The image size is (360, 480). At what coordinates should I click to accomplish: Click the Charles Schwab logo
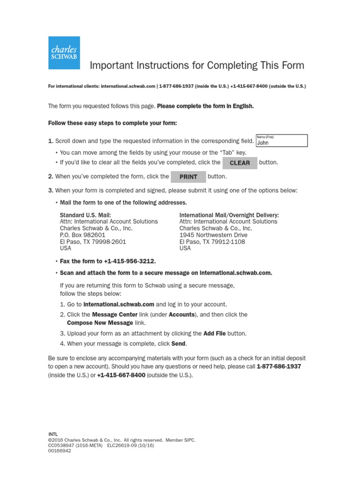coord(64,52)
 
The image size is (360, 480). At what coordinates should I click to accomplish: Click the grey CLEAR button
coord(240,163)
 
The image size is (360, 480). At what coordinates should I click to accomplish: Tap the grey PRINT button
coord(188,177)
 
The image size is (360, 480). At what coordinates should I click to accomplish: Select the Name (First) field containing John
coord(282,141)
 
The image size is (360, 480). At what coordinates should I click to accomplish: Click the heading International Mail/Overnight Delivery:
coord(229,215)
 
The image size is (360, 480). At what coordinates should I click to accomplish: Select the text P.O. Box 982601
coord(82,235)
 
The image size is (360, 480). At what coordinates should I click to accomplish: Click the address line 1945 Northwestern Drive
coord(213,235)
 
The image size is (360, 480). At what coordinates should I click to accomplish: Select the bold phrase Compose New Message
coord(100,322)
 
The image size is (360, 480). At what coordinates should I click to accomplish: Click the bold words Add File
coord(215,333)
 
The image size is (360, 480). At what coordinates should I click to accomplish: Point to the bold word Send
coord(179,344)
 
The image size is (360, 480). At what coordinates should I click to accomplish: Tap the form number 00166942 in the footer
coord(60,450)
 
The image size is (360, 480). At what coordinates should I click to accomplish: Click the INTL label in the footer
coord(53,435)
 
